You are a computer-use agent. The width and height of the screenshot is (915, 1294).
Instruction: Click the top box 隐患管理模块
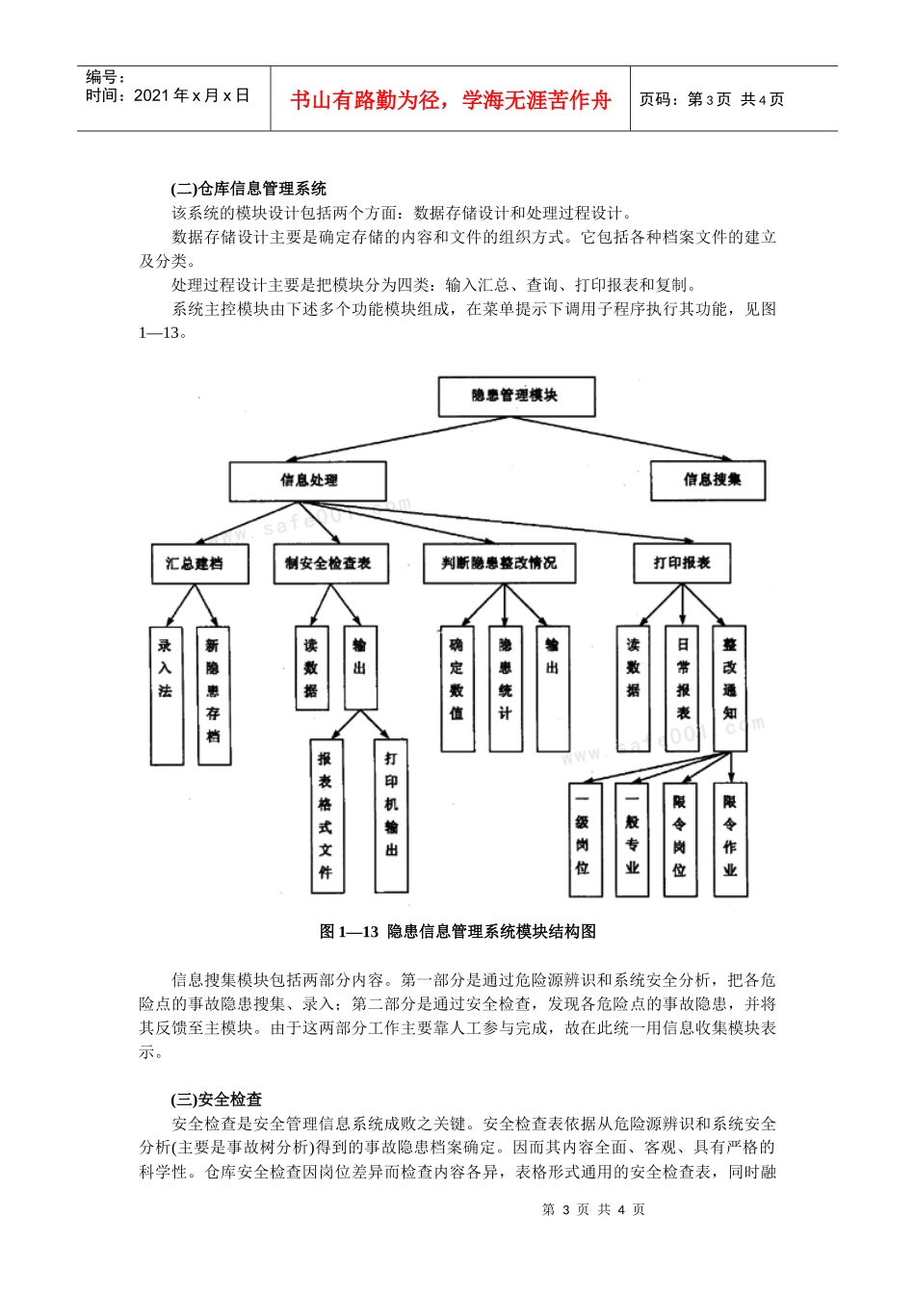coord(516,396)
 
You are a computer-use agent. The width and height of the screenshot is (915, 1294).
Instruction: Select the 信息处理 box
coord(307,480)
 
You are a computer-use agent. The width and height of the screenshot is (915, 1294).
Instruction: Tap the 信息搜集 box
coord(708,479)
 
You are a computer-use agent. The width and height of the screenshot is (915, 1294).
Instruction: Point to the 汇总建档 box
coord(199,563)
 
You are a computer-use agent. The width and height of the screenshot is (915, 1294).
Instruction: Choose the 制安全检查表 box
coord(330,563)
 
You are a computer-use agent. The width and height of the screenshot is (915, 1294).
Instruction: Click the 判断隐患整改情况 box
coord(499,563)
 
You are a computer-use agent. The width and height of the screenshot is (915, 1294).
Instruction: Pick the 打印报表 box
coord(682,563)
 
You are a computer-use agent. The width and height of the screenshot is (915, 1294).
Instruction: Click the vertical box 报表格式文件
coord(326,815)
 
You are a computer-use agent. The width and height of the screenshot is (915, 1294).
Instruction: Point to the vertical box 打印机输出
coord(391,815)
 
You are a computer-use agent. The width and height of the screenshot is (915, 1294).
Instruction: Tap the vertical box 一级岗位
coord(583,839)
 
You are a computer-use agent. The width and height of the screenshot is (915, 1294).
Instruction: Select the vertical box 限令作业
coord(730,839)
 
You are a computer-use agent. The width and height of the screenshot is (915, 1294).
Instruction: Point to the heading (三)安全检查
coord(216,1100)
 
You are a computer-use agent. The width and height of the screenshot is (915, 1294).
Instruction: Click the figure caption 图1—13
coord(457,931)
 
